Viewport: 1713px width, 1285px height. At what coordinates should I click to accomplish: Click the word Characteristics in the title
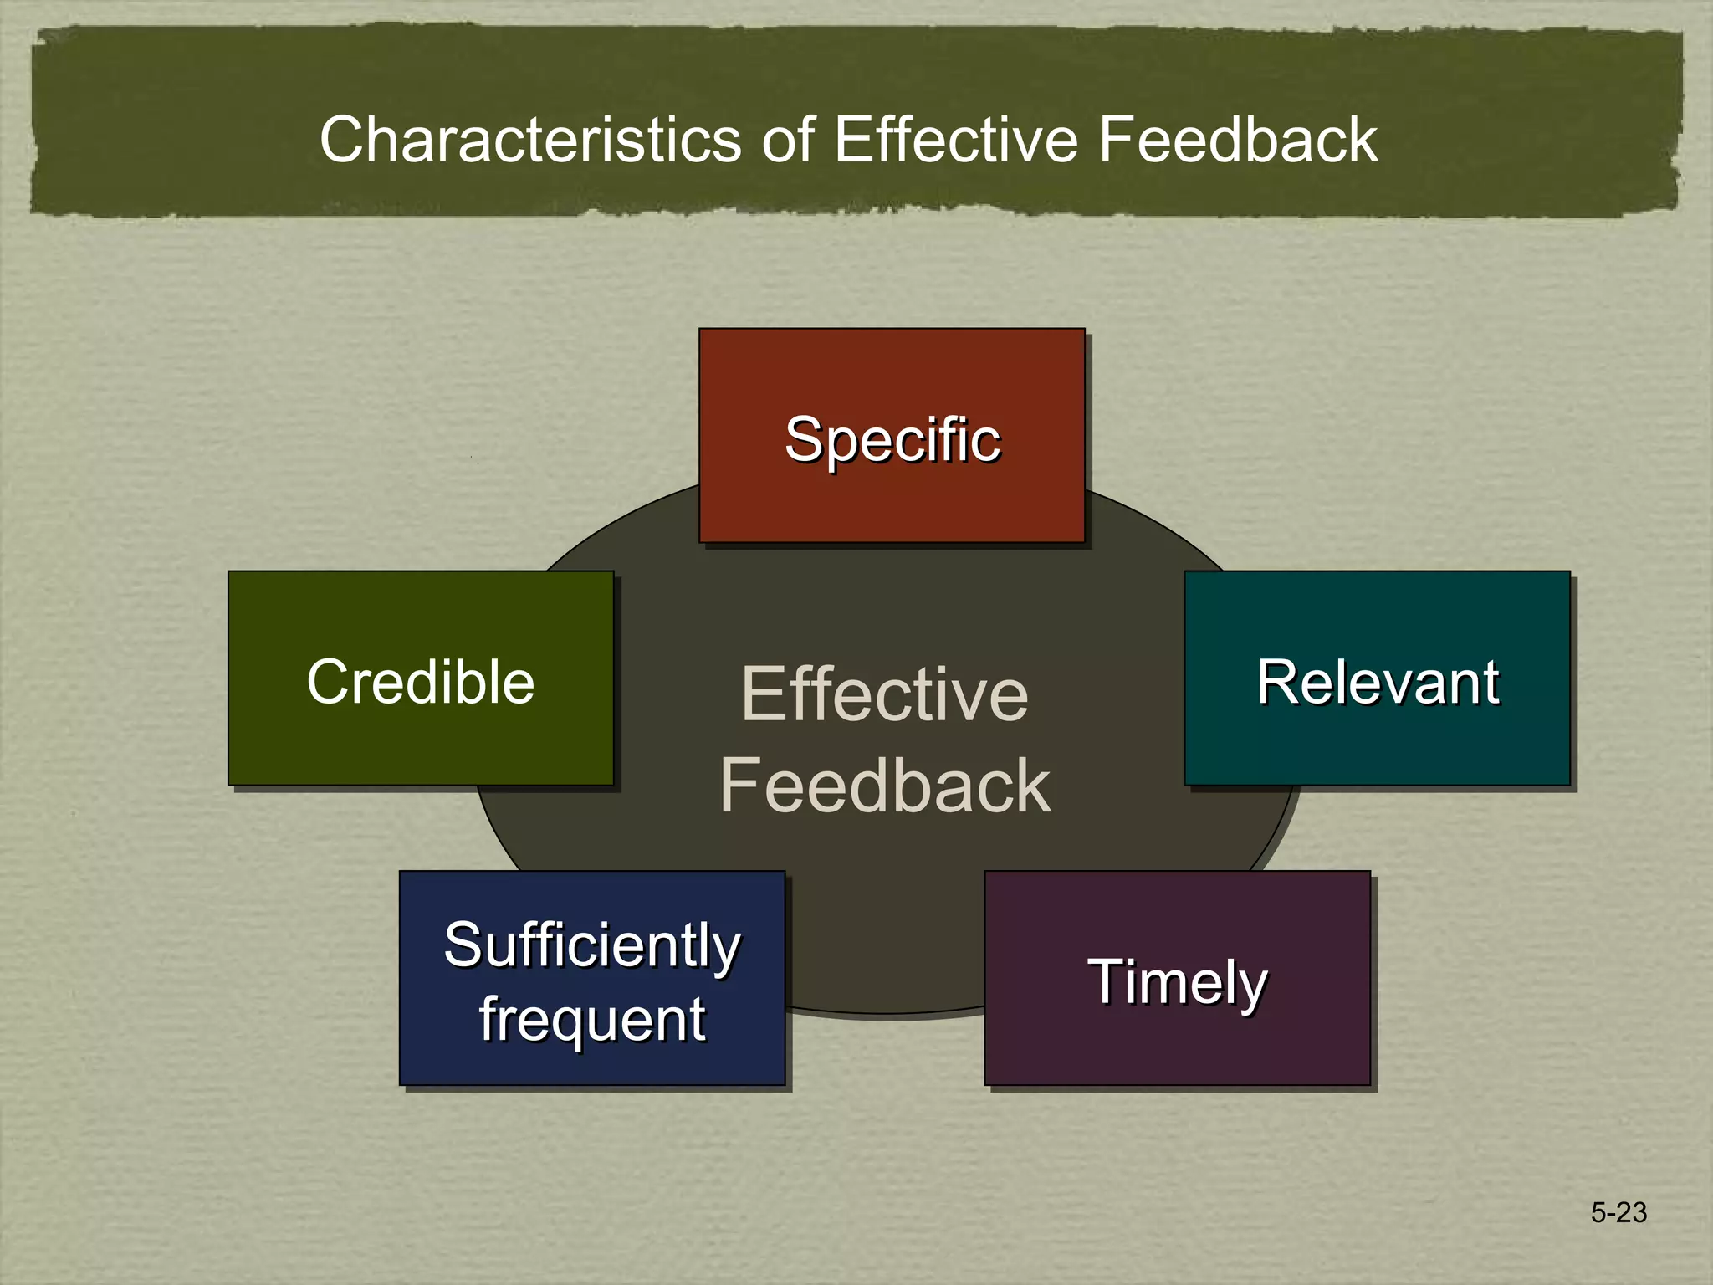click(530, 140)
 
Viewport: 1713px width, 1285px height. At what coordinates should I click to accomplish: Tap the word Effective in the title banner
click(955, 140)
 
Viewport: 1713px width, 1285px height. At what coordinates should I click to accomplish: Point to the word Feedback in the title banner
click(1237, 140)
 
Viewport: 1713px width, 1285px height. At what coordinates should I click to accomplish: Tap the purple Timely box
click(1177, 1046)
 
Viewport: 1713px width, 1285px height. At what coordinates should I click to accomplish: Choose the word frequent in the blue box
click(592, 1021)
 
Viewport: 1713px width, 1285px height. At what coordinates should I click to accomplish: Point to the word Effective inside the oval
click(885, 694)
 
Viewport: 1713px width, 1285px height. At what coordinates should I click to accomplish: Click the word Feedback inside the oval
click(885, 786)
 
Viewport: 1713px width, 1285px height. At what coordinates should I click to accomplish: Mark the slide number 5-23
click(1618, 1212)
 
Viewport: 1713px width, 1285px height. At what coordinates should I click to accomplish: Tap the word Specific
click(892, 440)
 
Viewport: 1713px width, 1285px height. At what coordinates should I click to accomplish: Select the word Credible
click(421, 682)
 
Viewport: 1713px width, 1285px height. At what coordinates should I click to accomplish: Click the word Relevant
click(1377, 682)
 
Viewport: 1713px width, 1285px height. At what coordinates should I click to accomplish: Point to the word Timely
click(1177, 982)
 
